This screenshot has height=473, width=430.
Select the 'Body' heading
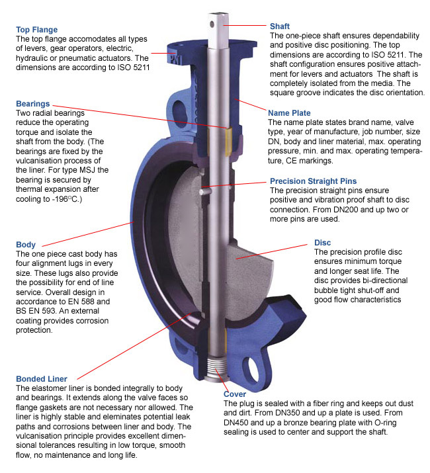tap(26, 245)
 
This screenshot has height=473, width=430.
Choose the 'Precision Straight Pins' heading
tap(313, 181)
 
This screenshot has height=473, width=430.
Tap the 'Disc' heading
tap(323, 242)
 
